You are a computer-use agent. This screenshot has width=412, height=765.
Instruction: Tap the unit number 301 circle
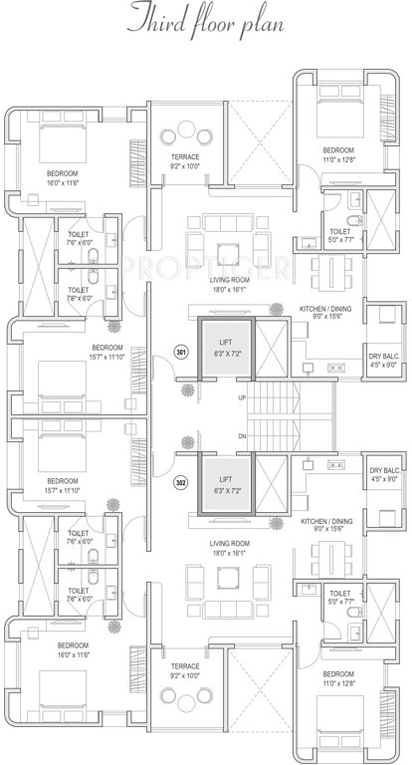tap(180, 352)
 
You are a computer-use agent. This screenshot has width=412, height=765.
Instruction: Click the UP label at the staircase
tap(242, 398)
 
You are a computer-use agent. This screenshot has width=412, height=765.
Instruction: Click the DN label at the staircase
tap(242, 437)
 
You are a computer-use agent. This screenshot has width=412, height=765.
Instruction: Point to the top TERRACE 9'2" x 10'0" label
tap(184, 161)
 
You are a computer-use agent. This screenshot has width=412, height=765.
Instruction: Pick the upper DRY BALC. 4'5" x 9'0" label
tap(383, 360)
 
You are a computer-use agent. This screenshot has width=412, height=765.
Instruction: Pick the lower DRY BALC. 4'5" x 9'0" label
tap(383, 474)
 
